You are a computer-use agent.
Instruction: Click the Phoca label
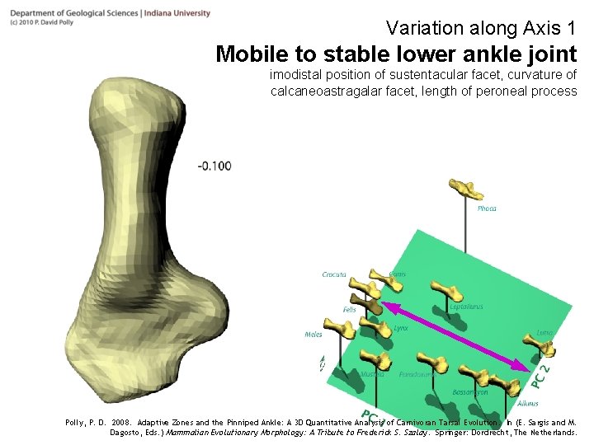(487, 208)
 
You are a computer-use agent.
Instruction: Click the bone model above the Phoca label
(467, 189)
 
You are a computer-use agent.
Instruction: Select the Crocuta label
(334, 274)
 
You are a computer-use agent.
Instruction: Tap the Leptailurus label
(467, 307)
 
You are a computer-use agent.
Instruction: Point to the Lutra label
(544, 333)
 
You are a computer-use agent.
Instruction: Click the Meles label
(313, 335)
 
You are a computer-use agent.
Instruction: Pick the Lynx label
(401, 328)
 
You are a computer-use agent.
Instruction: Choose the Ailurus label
(528, 404)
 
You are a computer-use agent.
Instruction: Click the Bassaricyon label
(470, 392)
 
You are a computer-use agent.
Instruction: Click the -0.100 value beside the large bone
(214, 166)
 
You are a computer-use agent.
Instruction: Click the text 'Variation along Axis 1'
(480, 29)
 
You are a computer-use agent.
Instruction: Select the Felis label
(350, 310)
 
